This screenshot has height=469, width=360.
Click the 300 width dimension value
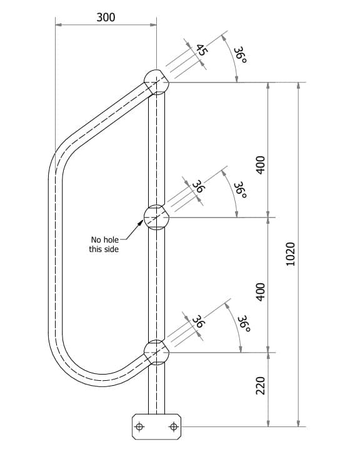pos(106,17)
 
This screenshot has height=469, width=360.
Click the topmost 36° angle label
pos(239,54)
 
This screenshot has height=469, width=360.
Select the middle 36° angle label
pos(239,189)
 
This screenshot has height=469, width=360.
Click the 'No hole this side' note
pos(104,244)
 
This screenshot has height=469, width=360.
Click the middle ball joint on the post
pos(156,217)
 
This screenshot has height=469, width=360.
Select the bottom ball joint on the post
pos(156,352)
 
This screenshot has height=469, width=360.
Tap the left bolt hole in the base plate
pos(139,427)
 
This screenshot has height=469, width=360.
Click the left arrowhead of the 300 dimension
pos(58,25)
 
